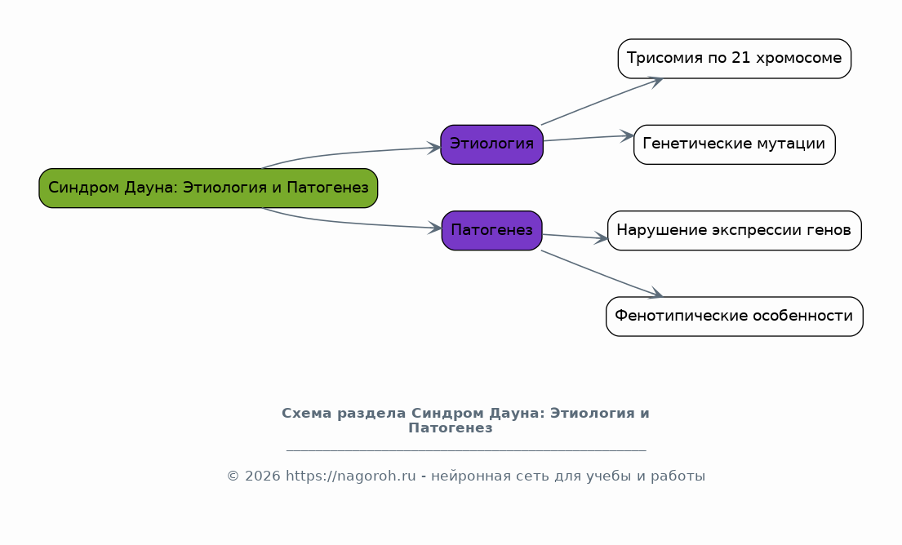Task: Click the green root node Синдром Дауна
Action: [208, 188]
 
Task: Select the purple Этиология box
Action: [492, 144]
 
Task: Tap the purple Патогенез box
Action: [492, 231]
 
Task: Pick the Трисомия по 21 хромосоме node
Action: [735, 59]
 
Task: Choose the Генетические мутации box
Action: [735, 144]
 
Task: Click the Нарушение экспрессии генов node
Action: [735, 231]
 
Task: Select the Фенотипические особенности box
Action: [735, 317]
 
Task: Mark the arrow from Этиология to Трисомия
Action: [602, 101]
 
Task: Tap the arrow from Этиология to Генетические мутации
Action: [589, 138]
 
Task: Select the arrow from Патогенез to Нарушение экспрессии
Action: [575, 237]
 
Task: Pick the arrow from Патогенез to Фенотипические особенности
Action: [602, 273]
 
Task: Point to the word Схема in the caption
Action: [307, 414]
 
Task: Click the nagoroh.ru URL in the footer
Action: [350, 476]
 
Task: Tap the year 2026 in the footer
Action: [262, 476]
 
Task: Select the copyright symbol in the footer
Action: [233, 476]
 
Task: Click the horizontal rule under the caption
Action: [466, 450]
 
